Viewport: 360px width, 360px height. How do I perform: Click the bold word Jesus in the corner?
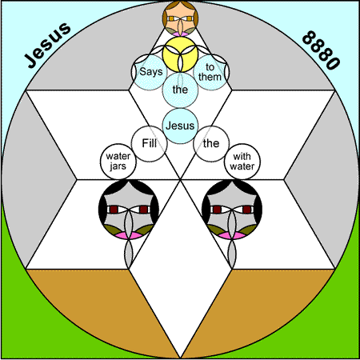48,45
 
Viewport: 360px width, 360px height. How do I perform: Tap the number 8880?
321,50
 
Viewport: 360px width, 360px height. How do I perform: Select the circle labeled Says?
150,72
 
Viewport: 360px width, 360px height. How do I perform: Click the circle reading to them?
211,72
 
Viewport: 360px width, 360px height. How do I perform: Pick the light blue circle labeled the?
180,90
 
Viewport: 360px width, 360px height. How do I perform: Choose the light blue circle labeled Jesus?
180,126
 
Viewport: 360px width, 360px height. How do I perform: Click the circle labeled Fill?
150,144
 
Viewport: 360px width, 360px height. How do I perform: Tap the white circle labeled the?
211,144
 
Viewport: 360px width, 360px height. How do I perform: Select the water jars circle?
118,162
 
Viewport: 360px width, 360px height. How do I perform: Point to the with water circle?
242,162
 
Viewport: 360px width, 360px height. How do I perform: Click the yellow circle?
180,54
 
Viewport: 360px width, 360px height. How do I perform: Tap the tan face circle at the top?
180,18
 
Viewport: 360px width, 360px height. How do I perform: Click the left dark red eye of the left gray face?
114,210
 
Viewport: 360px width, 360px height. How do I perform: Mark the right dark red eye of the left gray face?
143,210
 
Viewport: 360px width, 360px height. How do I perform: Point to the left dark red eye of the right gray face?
218,210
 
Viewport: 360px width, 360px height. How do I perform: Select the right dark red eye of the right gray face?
247,210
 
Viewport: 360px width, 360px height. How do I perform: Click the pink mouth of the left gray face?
129,235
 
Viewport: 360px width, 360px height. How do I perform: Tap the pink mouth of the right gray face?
232,235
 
